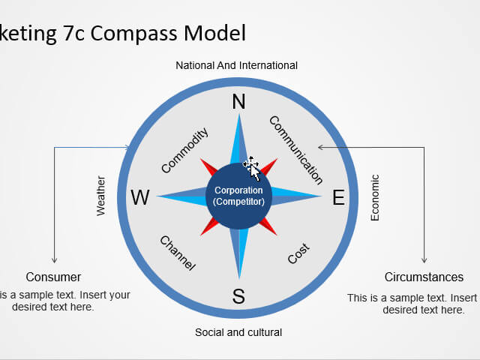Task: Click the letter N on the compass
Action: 238,102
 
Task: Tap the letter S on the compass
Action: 238,296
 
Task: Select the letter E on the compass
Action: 338,198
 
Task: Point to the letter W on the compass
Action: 140,198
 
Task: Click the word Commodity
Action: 184,151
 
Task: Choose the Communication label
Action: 295,150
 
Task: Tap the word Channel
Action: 178,253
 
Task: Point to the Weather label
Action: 101,196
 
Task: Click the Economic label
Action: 375,198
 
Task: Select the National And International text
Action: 236,65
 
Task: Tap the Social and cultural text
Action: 238,331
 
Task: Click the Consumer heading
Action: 53,277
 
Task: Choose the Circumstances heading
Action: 424,277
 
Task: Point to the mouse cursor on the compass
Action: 252,168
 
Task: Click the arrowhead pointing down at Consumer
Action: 54,259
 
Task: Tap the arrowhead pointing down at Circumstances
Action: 424,259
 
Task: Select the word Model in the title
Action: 217,33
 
